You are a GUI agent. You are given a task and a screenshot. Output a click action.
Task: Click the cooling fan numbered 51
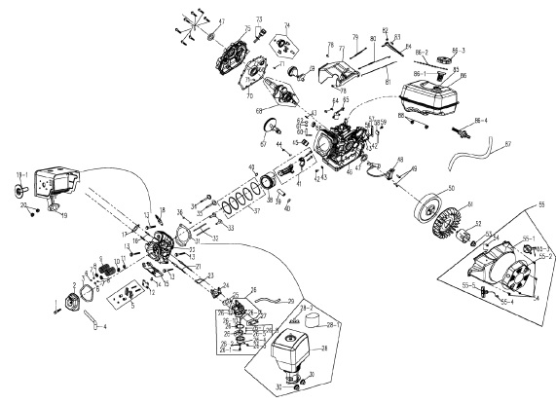point(457,220)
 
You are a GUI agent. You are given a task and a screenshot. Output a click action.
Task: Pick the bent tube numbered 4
point(91,320)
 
